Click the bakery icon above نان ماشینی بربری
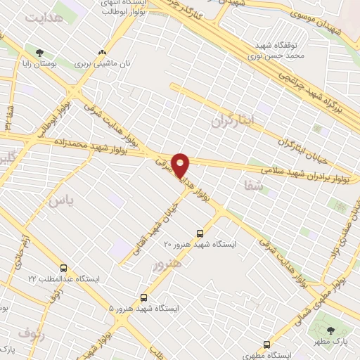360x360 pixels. pyautogui.click(x=103, y=52)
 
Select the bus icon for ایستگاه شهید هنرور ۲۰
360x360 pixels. pyautogui.click(x=200, y=233)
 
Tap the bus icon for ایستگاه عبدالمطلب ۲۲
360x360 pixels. pyautogui.click(x=64, y=268)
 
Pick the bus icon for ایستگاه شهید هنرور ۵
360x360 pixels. pyautogui.click(x=144, y=297)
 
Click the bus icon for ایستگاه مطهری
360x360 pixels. pyautogui.click(x=266, y=345)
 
